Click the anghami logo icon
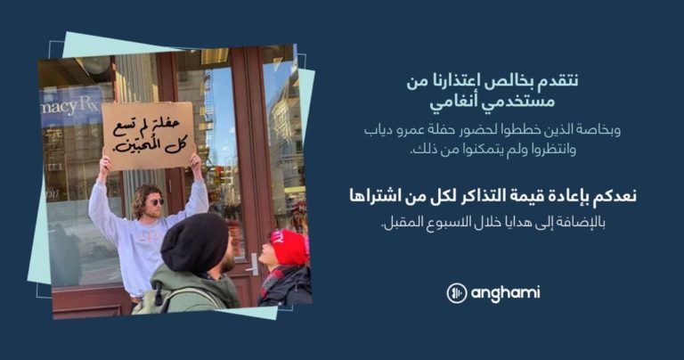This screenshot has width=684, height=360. (x=457, y=293)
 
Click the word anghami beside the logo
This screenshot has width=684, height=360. (x=505, y=294)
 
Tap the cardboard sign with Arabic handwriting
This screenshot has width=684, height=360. (x=149, y=135)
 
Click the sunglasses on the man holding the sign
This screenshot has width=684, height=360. (x=155, y=202)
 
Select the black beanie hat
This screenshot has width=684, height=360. (x=194, y=243)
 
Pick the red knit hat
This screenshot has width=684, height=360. (x=289, y=248)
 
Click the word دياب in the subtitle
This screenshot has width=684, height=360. (x=376, y=130)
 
